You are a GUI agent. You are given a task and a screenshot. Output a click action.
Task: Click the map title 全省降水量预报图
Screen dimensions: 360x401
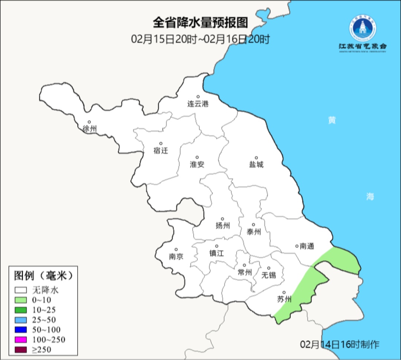pos(200,23)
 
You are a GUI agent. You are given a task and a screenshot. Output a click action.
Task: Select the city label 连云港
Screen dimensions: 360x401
pos(198,104)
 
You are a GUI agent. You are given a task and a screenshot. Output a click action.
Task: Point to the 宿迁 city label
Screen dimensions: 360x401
pos(161,150)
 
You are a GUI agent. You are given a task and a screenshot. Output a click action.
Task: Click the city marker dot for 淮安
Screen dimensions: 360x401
pos(197,157)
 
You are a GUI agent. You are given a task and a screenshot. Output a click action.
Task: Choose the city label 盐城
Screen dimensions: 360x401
pos(256,164)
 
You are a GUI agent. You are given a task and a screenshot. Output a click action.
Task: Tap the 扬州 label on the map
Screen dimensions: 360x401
pos(222,226)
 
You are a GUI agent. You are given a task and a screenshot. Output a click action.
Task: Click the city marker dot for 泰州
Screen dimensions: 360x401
pos(254,225)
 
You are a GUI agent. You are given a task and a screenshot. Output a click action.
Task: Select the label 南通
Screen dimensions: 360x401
pos(307,246)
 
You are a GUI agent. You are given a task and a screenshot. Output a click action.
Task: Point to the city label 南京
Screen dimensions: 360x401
pos(176,256)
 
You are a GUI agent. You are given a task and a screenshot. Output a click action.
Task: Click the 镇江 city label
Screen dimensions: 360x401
pos(216,253)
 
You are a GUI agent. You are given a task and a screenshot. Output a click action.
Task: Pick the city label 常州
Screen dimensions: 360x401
pos(245,272)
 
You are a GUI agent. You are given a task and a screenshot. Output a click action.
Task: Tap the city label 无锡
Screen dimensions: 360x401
pos(269,275)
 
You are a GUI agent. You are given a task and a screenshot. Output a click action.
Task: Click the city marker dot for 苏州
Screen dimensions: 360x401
pos(284,292)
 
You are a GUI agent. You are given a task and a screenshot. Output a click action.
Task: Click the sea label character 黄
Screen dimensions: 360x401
pos(332,120)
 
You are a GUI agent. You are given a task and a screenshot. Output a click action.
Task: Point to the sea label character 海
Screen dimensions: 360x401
pos(370,197)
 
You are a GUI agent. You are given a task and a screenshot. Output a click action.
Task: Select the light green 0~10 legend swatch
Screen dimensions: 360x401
pos(21,300)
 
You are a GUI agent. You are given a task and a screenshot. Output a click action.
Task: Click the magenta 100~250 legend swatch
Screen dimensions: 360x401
pos(21,339)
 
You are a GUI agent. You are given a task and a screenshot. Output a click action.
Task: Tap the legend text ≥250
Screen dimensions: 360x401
pos(42,349)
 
